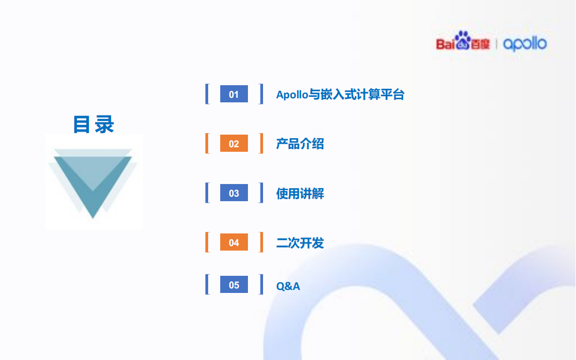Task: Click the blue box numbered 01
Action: click(234, 94)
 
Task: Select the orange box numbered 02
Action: click(234, 143)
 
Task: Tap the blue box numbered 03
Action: click(234, 193)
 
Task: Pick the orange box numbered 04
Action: click(234, 242)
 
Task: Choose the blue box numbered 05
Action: click(234, 284)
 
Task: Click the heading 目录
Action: click(93, 124)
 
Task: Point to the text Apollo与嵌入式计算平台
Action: click(340, 94)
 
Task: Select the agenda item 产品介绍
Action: click(300, 144)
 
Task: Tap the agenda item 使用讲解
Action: click(300, 194)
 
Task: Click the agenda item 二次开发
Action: click(300, 243)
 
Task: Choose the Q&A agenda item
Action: click(288, 286)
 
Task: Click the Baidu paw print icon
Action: click(463, 40)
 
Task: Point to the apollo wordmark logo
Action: click(525, 44)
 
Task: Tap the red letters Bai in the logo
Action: click(445, 44)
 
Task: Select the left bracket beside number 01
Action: click(207, 94)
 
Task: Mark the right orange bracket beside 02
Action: click(261, 143)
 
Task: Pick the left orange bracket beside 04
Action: click(207, 242)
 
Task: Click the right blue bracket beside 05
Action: click(261, 284)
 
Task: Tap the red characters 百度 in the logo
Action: click(480, 44)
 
